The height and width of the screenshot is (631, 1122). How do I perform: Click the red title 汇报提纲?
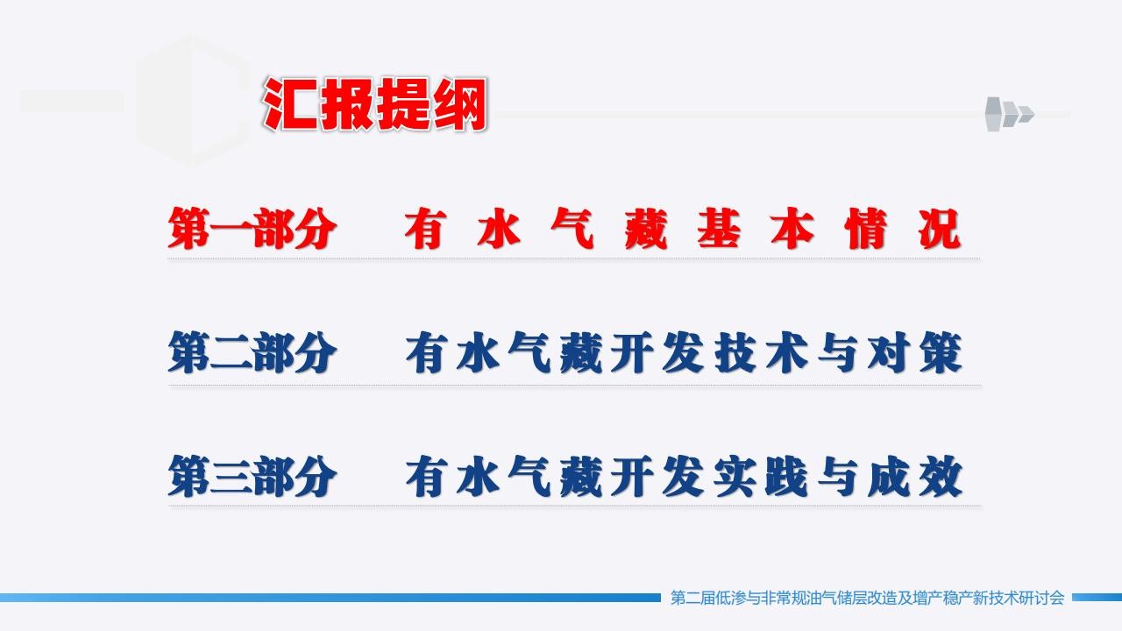[374, 104]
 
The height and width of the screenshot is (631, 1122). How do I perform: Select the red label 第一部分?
[252, 229]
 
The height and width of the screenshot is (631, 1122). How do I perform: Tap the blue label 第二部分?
[252, 352]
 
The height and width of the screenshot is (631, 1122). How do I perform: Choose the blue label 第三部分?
[252, 476]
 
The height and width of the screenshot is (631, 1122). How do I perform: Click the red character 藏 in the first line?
[646, 229]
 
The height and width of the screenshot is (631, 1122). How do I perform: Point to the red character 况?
[940, 229]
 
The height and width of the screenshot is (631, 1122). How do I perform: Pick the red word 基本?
[756, 229]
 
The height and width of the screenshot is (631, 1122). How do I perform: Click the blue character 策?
[941, 353]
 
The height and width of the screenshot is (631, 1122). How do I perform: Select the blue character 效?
[941, 477]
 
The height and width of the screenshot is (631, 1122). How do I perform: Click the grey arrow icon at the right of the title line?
[1009, 114]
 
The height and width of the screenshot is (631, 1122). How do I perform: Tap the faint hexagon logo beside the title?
[192, 101]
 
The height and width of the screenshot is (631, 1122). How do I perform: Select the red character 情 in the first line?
[866, 229]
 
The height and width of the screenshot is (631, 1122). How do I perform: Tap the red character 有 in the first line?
[426, 229]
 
